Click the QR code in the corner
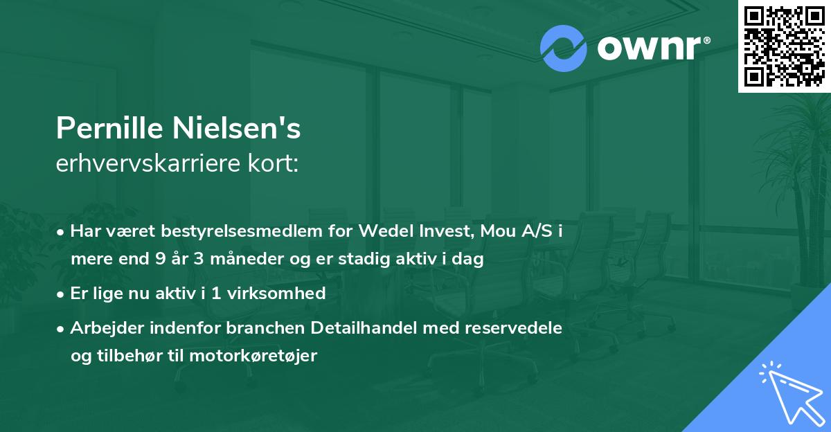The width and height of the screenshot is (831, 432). pos(785,46)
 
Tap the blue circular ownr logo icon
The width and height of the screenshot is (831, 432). pos(563,48)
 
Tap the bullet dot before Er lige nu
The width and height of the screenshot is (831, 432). pos(61,294)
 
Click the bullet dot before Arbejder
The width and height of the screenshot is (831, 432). pos(61,327)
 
